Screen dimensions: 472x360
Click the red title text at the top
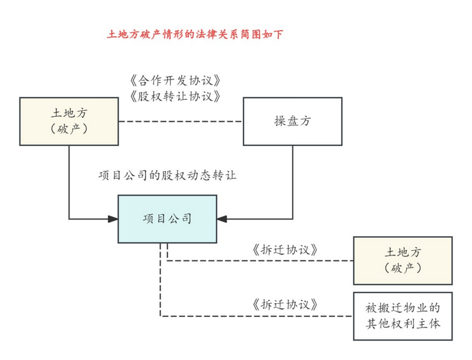195,34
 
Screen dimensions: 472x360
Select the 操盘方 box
293,122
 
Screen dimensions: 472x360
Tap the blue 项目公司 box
168,219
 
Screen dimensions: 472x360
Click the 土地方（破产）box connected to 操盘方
69,122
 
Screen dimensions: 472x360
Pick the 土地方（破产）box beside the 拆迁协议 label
403,261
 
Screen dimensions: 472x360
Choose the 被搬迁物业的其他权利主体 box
403,316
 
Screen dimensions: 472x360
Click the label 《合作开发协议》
175,80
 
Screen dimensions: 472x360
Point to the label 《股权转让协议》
175,96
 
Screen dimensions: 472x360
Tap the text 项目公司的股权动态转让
168,175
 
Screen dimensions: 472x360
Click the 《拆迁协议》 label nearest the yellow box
285,250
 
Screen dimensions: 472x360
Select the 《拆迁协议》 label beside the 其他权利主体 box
285,305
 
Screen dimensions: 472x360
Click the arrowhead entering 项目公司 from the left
113,219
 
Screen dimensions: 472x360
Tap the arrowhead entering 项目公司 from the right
222,219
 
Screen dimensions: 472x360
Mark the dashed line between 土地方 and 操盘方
181,122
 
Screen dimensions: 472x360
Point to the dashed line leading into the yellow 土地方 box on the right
260,261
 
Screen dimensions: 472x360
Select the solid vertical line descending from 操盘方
293,182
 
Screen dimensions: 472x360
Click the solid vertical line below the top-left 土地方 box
69,182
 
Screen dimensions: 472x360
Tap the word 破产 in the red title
151,34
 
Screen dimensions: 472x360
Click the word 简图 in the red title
250,34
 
